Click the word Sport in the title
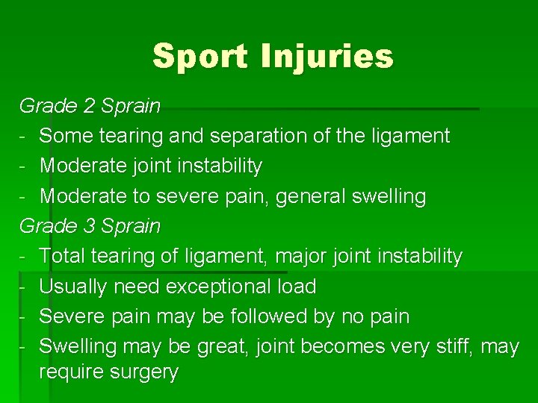(200, 56)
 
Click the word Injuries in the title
(327, 56)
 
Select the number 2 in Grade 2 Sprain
(90, 106)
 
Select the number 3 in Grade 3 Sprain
(90, 225)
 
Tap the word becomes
(329, 346)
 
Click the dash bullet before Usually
(23, 287)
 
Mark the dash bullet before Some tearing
(23, 137)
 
